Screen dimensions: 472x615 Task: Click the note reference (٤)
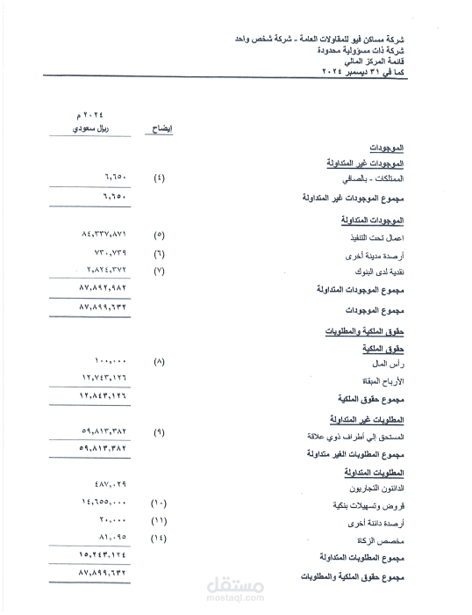point(159,178)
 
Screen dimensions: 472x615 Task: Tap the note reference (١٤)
point(159,536)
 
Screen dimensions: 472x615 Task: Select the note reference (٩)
point(159,432)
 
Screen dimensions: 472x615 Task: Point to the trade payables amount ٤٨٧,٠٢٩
point(111,485)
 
